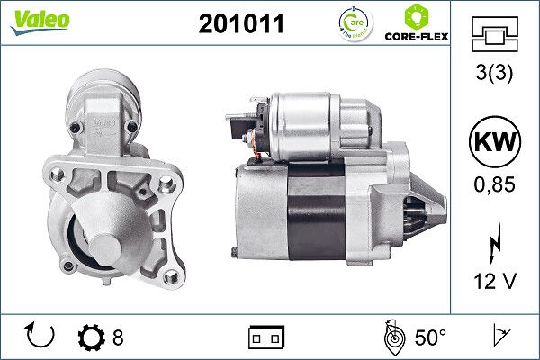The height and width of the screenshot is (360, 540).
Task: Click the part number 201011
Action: tap(240, 25)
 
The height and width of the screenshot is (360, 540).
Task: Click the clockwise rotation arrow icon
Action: tap(41, 336)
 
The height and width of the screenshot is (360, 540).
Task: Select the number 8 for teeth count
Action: tap(118, 337)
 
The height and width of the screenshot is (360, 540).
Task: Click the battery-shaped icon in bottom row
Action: tap(265, 337)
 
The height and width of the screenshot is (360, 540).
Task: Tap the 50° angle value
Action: tap(430, 337)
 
